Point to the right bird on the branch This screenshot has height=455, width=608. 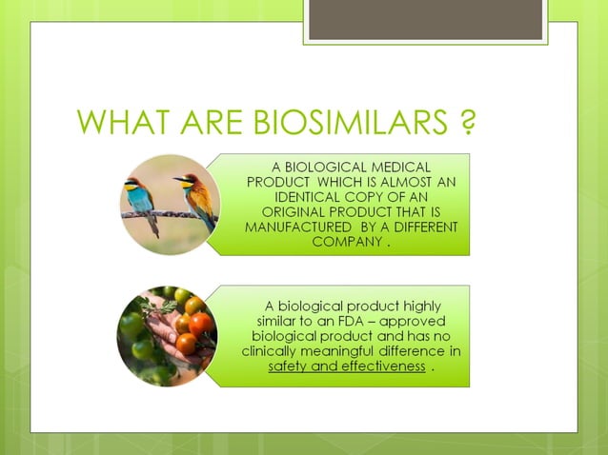click(x=196, y=195)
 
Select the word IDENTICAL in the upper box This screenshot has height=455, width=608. click(x=312, y=196)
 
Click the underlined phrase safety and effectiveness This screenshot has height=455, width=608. click(x=347, y=366)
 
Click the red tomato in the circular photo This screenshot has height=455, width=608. click(x=201, y=324)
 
